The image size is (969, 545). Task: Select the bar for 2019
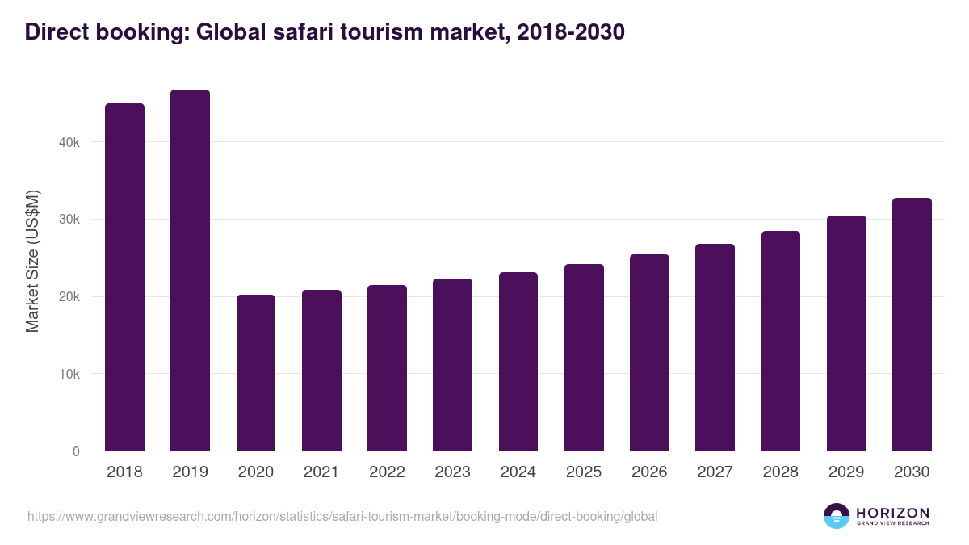point(190,270)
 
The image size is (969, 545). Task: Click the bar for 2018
point(124,277)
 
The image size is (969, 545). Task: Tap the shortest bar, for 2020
point(256,373)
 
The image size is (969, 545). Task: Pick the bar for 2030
point(912,325)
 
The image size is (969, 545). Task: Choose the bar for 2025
point(584,358)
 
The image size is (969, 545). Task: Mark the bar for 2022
point(387,368)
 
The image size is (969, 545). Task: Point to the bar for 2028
point(780,341)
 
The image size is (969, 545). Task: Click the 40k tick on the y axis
point(70,142)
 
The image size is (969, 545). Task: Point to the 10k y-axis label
point(70,375)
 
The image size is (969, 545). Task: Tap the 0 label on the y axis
point(76,452)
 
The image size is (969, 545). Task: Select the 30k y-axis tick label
point(70,220)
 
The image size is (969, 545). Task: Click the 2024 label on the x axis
point(518,472)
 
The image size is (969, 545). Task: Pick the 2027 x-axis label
point(715,472)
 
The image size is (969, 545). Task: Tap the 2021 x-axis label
point(321,472)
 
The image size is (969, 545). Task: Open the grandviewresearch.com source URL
point(342,516)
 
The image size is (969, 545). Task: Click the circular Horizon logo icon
point(837,516)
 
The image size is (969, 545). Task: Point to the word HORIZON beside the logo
point(892,512)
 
